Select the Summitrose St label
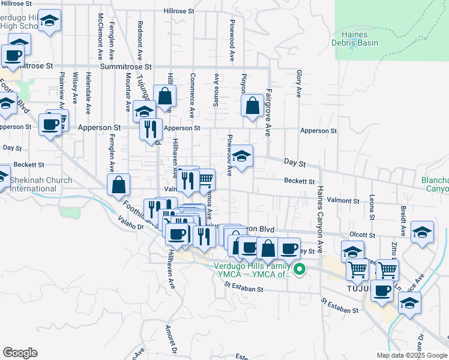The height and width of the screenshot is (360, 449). point(126,67)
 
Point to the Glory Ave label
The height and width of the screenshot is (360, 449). point(298,83)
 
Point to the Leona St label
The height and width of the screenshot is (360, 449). point(372,205)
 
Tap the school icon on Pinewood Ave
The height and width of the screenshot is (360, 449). point(242,157)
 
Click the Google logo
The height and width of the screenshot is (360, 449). point(20,353)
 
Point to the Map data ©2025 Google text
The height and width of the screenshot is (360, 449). point(412,355)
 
